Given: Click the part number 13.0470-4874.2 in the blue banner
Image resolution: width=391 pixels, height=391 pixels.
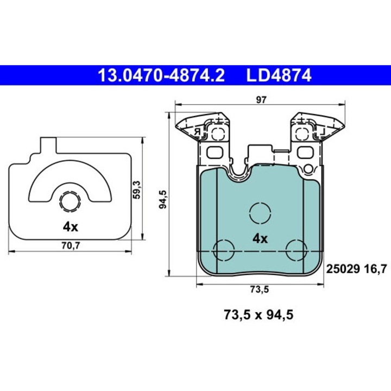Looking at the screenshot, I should (x=160, y=75).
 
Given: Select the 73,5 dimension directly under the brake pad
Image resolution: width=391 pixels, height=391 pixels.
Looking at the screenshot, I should (x=259, y=289).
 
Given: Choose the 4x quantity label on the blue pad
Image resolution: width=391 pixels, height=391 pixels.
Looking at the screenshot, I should (x=260, y=238).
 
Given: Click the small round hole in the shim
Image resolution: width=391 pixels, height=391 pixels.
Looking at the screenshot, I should (x=70, y=202).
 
